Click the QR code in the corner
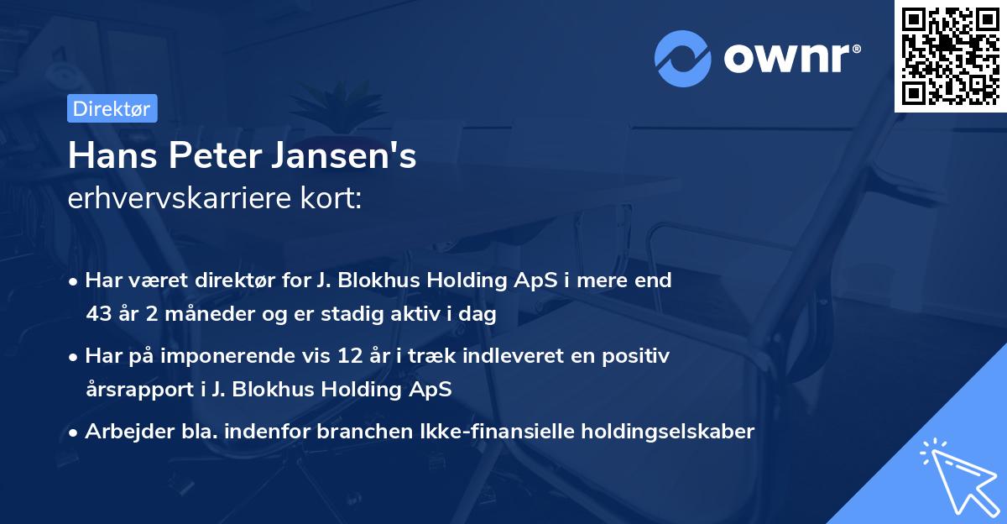click(951, 55)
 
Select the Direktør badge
click(111, 108)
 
